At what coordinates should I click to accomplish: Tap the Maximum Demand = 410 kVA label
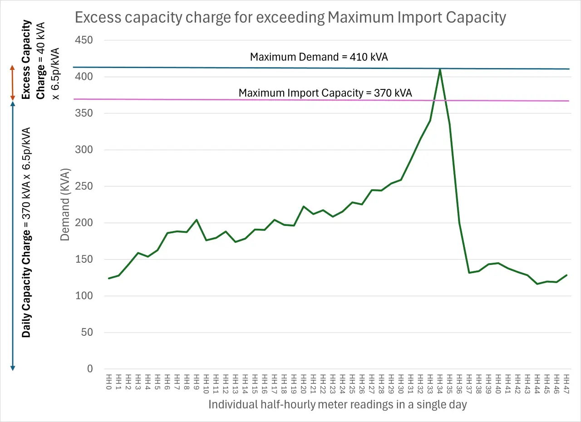(319, 57)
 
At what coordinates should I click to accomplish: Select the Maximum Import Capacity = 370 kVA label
(325, 93)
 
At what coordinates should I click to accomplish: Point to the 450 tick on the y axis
(84, 40)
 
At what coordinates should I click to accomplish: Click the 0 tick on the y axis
(89, 369)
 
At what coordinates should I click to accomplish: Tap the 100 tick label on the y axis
(84, 296)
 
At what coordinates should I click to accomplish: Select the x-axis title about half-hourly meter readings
(337, 405)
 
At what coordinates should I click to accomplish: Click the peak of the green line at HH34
(440, 69)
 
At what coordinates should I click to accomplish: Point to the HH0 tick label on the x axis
(108, 382)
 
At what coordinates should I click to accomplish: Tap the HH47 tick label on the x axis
(566, 382)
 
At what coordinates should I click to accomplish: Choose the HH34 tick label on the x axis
(439, 382)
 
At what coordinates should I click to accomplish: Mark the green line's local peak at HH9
(196, 220)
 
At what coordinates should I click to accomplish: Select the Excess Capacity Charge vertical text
(34, 59)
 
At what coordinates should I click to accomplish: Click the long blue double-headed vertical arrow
(13, 236)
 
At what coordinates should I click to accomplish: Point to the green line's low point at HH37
(469, 273)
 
